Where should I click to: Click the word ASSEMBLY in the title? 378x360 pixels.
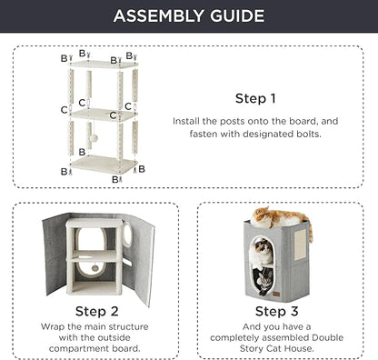pyautogui.click(x=158, y=15)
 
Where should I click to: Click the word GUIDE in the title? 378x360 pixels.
pyautogui.click(x=237, y=15)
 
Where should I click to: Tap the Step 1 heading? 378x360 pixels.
pyautogui.click(x=255, y=98)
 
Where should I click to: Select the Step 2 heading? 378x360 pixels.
pyautogui.click(x=96, y=311)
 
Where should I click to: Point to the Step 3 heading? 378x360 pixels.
pyautogui.click(x=276, y=311)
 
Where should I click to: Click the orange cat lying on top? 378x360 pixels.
pyautogui.click(x=281, y=218)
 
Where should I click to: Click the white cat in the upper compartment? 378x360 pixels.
pyautogui.click(x=263, y=251)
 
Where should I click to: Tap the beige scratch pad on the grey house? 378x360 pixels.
pyautogui.click(x=300, y=245)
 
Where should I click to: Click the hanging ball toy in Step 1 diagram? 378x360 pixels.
pyautogui.click(x=94, y=138)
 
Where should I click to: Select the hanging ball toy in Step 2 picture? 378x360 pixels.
pyautogui.click(x=95, y=268)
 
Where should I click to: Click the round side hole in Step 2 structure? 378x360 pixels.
pyautogui.click(x=128, y=234)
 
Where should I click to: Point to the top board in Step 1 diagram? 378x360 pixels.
pyautogui.click(x=104, y=64)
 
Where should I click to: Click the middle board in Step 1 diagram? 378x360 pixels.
pyautogui.click(x=104, y=115)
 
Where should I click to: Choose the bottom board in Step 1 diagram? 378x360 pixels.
pyautogui.click(x=104, y=164)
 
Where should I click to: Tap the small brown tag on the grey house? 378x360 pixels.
pyautogui.click(x=276, y=294)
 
